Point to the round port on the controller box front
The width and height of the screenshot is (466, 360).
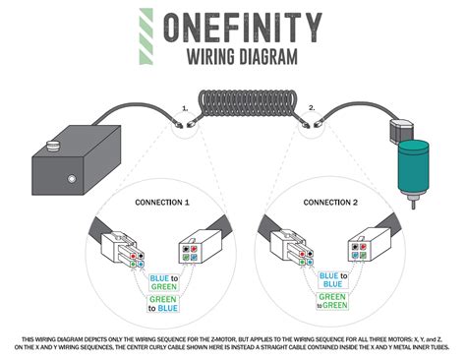pos(71,181)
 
